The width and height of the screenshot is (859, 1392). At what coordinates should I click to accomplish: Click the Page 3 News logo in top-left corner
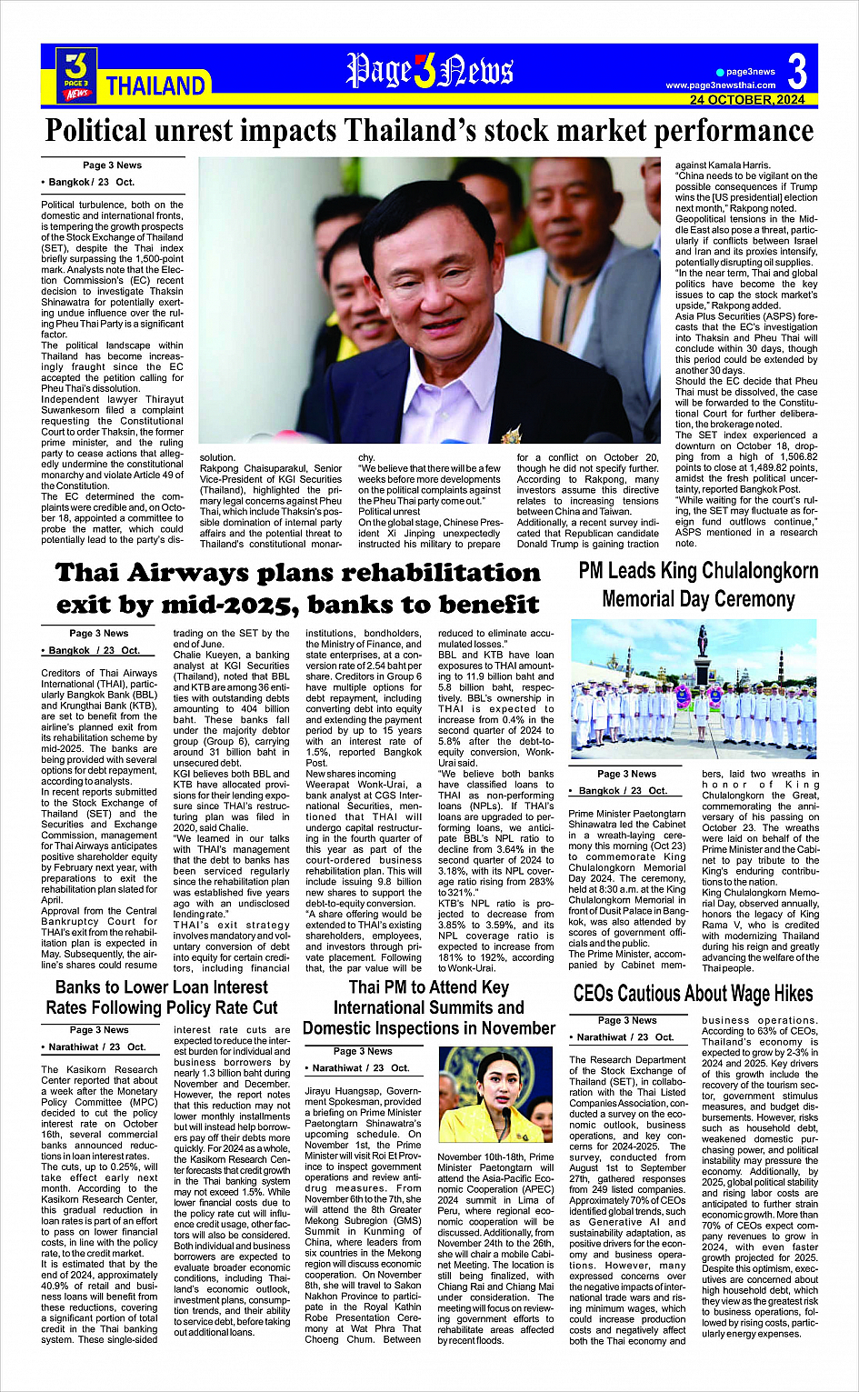[76, 74]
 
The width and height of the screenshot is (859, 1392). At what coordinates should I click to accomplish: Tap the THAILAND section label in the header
[155, 86]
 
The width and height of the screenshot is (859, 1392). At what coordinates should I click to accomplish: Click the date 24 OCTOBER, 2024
[746, 100]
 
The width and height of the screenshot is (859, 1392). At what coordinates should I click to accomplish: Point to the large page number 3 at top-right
[797, 70]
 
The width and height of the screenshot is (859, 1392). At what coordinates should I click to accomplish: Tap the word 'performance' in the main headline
[713, 131]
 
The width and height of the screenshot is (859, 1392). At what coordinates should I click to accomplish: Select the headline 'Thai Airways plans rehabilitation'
[297, 573]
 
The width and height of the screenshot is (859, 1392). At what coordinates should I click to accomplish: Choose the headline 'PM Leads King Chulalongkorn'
[698, 571]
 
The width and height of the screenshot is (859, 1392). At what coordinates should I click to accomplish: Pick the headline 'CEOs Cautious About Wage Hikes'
[693, 994]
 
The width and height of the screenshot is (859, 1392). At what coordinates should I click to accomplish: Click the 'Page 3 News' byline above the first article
[112, 165]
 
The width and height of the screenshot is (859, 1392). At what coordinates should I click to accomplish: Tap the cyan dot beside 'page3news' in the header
[720, 72]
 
